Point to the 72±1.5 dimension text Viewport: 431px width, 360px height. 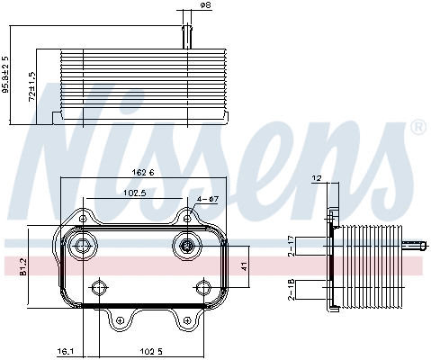point(32,86)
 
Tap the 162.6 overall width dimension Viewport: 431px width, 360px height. point(142,172)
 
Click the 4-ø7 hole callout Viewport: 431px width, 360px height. point(206,200)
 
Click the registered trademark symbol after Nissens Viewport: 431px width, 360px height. point(417,129)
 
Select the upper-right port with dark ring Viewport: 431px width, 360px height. point(186,247)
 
